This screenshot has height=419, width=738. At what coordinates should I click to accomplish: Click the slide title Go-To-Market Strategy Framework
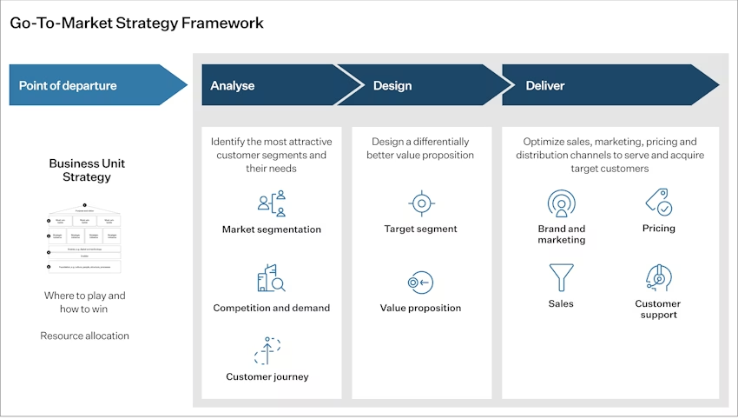[136, 23]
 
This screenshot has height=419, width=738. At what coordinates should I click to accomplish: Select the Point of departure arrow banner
[96, 85]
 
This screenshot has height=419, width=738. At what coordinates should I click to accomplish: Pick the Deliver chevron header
[599, 85]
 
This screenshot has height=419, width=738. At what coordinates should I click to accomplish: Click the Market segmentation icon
[271, 203]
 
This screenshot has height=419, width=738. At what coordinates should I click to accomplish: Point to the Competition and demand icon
[271, 277]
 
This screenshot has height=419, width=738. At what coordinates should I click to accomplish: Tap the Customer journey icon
[267, 350]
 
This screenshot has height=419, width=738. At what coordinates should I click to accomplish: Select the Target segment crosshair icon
[421, 203]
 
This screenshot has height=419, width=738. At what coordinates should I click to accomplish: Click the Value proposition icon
[420, 283]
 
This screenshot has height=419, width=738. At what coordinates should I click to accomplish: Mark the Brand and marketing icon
[562, 203]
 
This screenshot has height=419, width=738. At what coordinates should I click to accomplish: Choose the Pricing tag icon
[658, 203]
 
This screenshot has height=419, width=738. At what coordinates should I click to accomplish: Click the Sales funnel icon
[561, 277]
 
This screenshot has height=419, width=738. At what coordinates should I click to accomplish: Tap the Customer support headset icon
[657, 277]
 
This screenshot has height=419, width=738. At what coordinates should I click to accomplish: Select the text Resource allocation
[84, 336]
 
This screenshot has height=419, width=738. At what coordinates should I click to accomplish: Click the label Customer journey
[267, 376]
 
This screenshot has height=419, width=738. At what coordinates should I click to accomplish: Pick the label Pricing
[658, 229]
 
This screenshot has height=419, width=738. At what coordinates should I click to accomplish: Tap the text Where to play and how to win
[85, 302]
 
